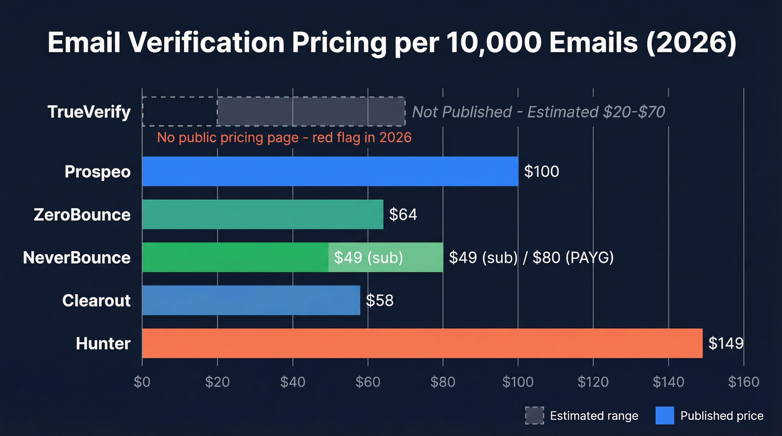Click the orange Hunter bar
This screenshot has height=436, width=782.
point(422,343)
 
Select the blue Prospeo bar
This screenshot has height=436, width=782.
point(330,171)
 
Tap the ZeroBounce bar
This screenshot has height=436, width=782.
point(263,214)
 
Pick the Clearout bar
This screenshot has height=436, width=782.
point(251,300)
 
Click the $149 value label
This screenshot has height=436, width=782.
point(726,343)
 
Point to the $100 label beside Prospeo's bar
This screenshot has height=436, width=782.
point(541,171)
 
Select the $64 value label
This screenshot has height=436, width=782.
point(403,214)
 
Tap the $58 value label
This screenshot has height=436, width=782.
point(380,300)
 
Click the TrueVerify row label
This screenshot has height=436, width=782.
point(89,112)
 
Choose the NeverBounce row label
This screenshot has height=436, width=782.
point(77,257)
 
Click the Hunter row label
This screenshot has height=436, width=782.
point(103,343)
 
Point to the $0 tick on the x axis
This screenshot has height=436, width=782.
point(142,382)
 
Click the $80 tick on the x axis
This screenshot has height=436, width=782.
point(442,382)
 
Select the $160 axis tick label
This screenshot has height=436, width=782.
point(743,382)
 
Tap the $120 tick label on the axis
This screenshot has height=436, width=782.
point(593,382)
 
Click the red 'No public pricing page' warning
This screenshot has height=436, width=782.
point(284,137)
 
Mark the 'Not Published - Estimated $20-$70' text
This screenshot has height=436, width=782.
point(538,112)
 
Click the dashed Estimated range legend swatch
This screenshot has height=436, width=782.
point(535,415)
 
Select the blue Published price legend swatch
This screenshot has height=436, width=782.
point(664,415)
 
